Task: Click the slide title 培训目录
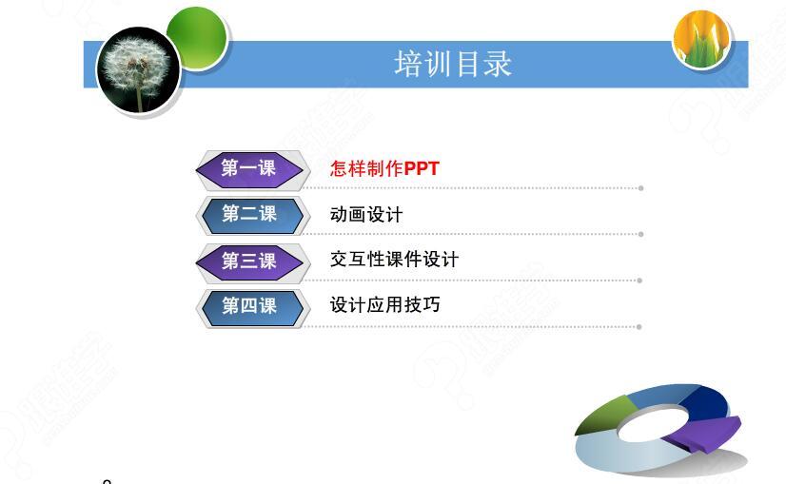pos(453,64)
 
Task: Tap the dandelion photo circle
pos(138,69)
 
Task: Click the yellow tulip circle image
pos(701,39)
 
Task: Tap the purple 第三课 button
pos(249,261)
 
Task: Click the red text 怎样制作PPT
pos(384,168)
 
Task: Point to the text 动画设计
pos(366,215)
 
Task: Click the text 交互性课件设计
pos(394,260)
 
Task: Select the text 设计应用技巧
pos(385,304)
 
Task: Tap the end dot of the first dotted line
pos(640,188)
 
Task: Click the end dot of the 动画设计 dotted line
pos(640,235)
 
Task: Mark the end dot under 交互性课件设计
pos(639,281)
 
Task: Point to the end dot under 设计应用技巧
pos(639,327)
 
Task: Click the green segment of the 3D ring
pos(605,415)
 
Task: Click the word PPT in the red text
pos(422,168)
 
